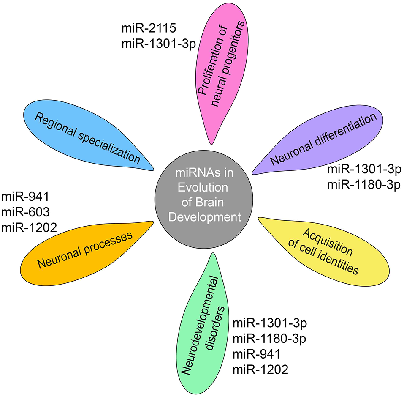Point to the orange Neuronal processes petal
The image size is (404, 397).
pyautogui.click(x=84, y=249)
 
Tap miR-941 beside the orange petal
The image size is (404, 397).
pyautogui.click(x=25, y=197)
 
